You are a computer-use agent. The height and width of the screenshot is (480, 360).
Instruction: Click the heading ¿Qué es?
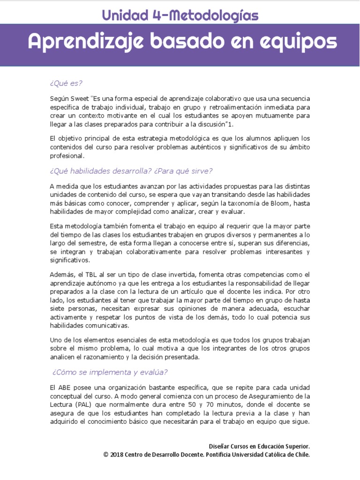(66, 83)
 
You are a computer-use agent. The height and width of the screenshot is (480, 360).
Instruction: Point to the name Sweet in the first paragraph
(80, 98)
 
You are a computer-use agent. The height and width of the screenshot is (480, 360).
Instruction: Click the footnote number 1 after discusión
(232, 124)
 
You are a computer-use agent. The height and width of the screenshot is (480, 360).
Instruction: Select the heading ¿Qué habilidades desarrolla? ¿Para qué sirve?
(131, 171)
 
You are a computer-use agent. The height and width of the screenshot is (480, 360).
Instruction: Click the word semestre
(84, 243)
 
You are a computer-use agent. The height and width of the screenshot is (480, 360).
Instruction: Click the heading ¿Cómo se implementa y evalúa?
(110, 372)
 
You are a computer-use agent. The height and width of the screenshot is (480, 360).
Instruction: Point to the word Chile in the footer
(300, 455)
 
